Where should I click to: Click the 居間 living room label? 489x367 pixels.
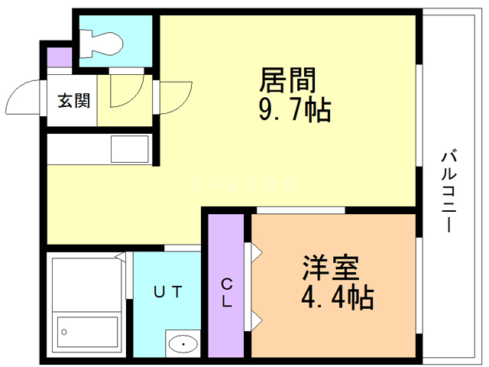[288, 80]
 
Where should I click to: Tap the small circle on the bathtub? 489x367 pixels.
[65, 332]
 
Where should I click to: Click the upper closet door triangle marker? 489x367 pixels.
[254, 252]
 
